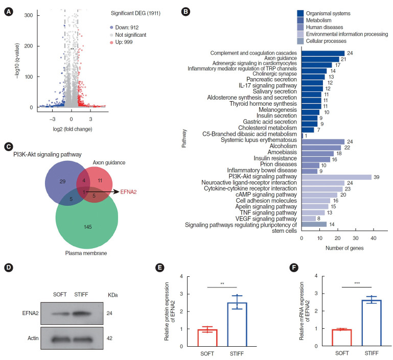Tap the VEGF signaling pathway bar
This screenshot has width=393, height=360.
point(309,218)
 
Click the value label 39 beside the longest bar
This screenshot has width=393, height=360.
point(376,177)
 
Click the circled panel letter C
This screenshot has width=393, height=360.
point(8,147)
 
